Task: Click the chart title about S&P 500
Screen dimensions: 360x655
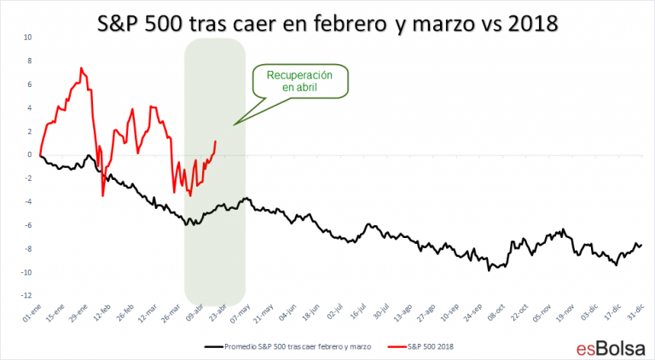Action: [x=327, y=23]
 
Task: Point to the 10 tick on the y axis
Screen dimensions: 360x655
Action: [x=28, y=38]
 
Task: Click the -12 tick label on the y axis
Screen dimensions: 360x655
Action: [x=26, y=296]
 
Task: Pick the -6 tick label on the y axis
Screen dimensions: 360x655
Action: [x=27, y=225]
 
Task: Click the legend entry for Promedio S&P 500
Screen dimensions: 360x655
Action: [x=290, y=347]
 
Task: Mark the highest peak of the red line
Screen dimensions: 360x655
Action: [x=81, y=67]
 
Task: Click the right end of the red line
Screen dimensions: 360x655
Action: [x=216, y=142]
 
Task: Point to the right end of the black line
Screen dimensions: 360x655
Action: [x=641, y=245]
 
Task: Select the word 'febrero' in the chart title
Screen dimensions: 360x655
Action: [x=353, y=23]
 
